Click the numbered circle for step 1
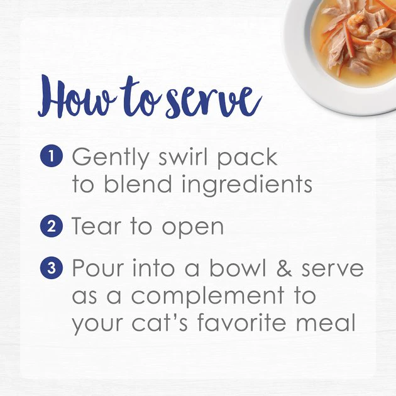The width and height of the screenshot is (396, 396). pos(52,156)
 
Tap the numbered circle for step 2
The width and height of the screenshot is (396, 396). pos(52,226)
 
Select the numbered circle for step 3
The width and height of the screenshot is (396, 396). pos(52,268)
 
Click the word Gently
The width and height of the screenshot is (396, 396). pos(111,158)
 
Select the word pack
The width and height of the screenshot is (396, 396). pos(247,158)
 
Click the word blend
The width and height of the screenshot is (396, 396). pos(138,184)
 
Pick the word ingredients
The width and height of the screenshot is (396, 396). pos(247,185)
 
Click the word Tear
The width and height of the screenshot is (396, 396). pos(96,226)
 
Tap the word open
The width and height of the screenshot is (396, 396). pos(193,228)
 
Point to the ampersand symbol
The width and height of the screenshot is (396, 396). pos(284,268)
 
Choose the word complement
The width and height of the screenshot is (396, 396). pos(207,296)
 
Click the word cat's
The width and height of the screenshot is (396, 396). pos(160,322)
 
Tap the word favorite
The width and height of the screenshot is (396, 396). pos(242,322)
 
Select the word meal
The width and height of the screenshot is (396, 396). pos(326,322)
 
